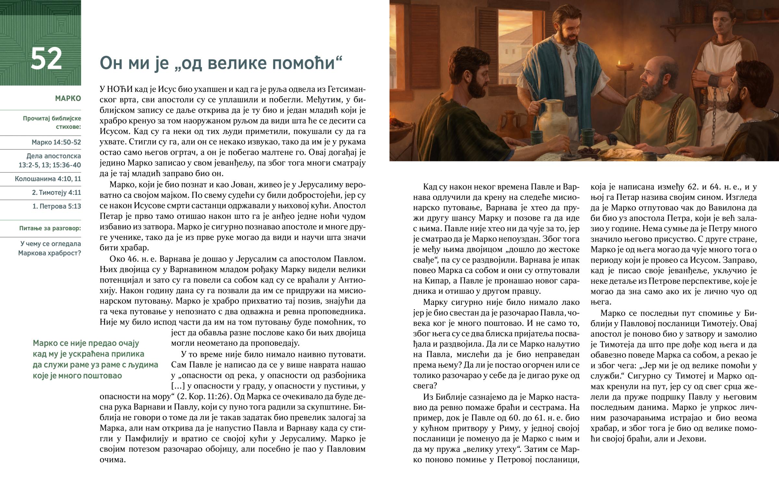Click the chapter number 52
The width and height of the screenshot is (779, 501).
click(x=46, y=58)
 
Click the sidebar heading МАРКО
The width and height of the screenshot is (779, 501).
click(x=68, y=98)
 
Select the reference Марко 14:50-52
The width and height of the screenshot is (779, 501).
click(x=56, y=142)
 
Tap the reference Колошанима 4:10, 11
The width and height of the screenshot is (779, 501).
click(x=48, y=179)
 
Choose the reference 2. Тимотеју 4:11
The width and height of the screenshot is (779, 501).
click(x=56, y=192)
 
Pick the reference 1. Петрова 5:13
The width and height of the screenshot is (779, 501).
click(x=56, y=206)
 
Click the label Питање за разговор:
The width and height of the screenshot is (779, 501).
click(x=50, y=228)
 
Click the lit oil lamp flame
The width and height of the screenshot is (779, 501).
click(x=619, y=62)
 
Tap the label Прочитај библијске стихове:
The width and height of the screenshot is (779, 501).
click(x=52, y=122)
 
